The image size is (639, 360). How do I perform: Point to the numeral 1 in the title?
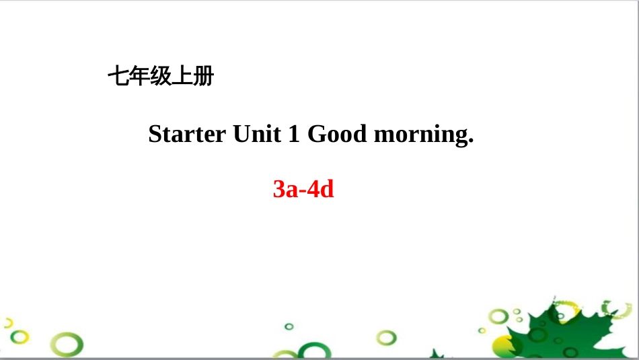pos(293,135)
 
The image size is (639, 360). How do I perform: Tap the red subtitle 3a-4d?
pos(303,190)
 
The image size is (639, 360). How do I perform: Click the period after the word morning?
pos(471,142)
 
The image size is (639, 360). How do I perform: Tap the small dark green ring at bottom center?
pos(289,326)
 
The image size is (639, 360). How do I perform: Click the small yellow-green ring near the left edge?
pos(20,336)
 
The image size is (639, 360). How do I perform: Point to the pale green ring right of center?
pos(386,337)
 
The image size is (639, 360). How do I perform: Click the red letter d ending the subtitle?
pos(326,190)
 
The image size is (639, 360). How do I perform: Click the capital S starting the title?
pos(155,135)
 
